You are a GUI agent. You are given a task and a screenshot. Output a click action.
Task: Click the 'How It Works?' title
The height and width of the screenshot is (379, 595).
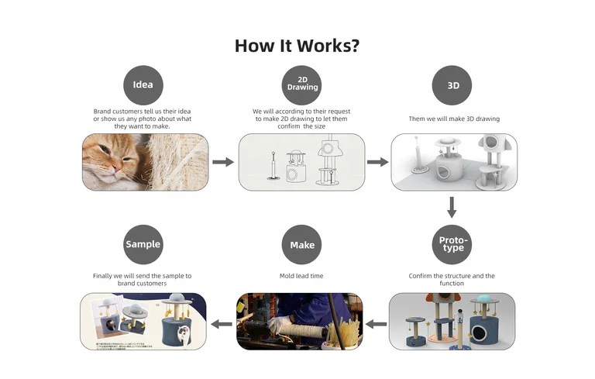[297, 45]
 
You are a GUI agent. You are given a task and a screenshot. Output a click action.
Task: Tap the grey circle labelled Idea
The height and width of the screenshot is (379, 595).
[143, 85]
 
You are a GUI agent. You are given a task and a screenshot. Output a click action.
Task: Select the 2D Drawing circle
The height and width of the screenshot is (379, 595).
[302, 85]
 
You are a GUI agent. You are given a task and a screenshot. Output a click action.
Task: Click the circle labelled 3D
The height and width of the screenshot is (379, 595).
[452, 85]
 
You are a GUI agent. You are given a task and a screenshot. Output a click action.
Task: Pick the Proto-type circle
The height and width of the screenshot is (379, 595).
[452, 245]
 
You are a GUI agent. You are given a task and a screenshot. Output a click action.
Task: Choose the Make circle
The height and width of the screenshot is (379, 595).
[302, 245]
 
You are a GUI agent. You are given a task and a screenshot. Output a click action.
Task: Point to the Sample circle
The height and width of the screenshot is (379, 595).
[143, 245]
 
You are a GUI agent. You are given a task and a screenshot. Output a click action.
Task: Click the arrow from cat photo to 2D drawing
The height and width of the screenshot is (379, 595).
[223, 162]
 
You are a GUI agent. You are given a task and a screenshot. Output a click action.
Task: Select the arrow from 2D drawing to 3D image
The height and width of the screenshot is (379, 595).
[377, 162]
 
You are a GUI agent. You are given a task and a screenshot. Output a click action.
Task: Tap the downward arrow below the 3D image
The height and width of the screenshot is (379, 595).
[452, 207]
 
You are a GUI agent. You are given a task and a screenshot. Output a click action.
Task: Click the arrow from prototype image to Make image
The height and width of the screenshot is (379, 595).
[376, 323]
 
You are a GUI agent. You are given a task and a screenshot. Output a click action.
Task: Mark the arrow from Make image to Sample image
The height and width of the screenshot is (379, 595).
[222, 323]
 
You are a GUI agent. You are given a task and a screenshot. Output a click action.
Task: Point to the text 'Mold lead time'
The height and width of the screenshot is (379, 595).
[302, 276]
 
